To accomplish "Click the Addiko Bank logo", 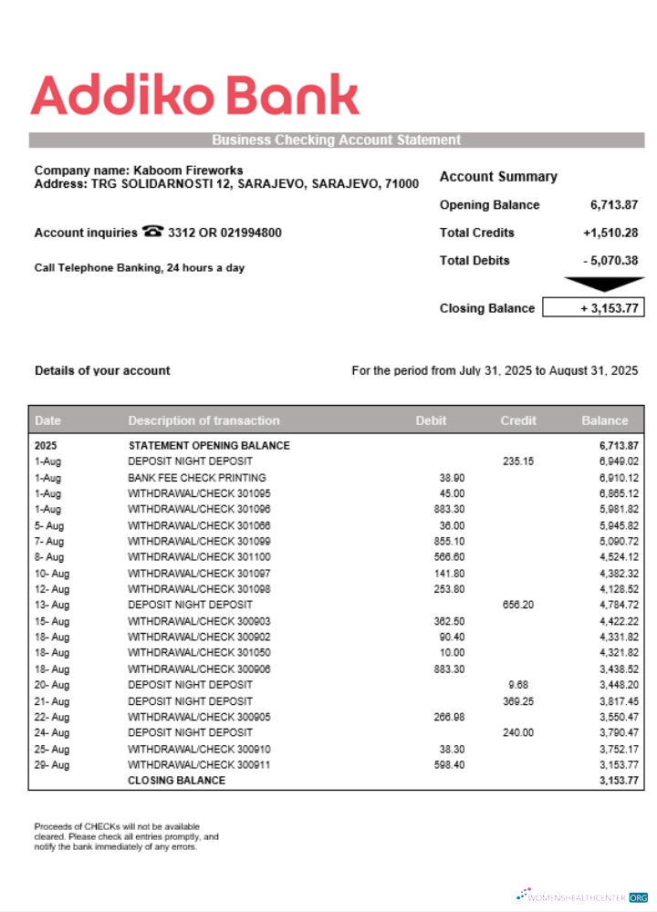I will pos(195,96).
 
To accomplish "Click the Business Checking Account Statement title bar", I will pos(336,140).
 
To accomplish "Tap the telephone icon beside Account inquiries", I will pos(152,233).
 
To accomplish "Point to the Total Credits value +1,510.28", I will pos(610,233).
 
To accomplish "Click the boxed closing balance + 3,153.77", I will pos(593,308).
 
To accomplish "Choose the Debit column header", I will pos(431,420).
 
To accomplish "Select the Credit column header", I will pos(518,420).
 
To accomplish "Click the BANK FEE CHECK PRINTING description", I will pos(197,478).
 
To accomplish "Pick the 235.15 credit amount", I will pos(517,461).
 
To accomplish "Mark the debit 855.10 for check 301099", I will pos(449,542).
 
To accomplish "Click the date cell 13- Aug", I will pos(51,605).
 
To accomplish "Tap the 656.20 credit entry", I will pos(517,605).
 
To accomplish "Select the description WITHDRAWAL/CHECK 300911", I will pos(199,765).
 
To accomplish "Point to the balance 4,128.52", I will pos(619,589).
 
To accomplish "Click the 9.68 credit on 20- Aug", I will pos(518,685).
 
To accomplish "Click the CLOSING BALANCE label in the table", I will pos(176,781).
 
